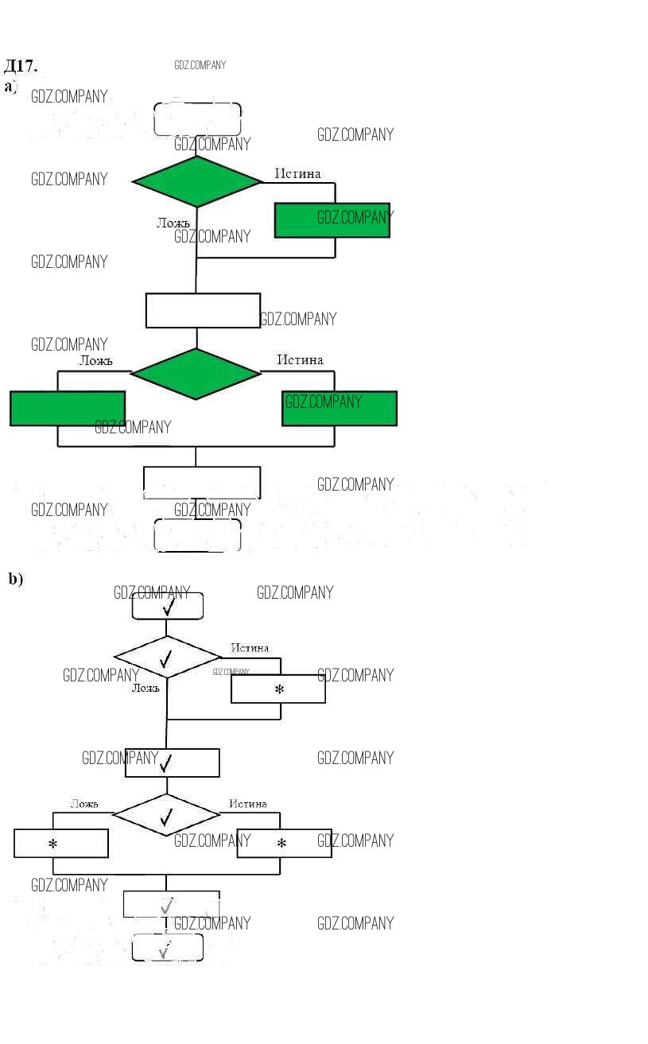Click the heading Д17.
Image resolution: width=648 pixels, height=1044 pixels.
21,65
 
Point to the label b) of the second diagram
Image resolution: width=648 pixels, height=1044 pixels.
16,579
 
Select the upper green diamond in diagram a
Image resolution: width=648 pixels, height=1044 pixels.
197,181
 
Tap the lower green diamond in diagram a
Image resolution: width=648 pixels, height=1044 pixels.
196,373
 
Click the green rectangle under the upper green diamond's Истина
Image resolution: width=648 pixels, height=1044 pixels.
332,220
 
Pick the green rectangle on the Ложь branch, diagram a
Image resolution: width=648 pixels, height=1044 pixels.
68,408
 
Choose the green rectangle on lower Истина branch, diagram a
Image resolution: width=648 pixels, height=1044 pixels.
340,408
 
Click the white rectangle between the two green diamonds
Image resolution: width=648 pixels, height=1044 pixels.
203,310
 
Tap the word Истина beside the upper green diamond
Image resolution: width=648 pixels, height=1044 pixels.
298,173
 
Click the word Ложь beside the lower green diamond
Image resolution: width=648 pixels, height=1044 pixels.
95,360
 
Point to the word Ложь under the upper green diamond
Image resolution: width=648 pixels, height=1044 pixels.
173,223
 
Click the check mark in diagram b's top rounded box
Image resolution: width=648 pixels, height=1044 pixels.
168,607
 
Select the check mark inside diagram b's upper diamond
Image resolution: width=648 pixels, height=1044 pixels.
165,659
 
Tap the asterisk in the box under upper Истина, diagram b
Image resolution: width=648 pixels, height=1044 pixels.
279,689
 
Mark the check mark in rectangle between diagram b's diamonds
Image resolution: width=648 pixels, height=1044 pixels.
165,764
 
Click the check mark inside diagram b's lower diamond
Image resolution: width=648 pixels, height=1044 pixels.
167,817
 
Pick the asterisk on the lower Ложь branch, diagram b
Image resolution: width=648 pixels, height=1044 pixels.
53,844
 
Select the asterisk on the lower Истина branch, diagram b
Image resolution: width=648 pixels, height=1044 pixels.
281,844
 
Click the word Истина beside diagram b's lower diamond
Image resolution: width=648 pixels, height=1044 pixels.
248,804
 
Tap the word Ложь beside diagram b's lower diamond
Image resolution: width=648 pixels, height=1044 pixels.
84,804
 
